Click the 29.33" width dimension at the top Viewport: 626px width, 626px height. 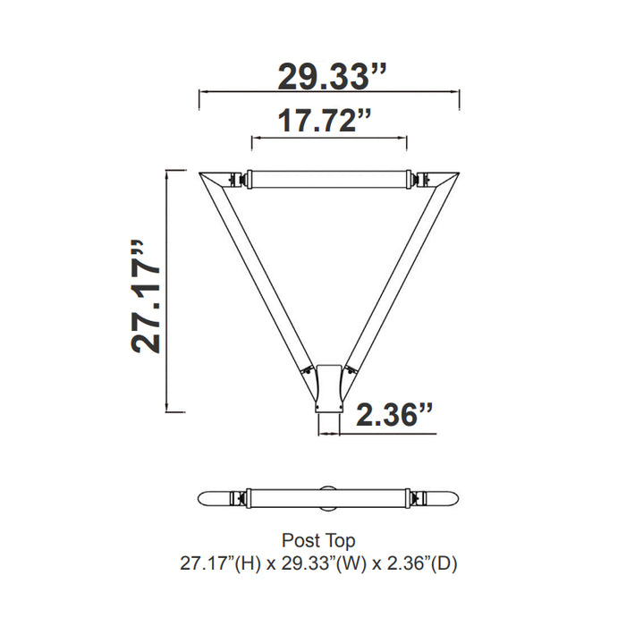point(332,76)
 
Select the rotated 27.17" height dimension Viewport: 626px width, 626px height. point(146,296)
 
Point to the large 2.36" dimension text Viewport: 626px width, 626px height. point(394,416)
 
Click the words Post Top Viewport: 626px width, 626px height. point(318,541)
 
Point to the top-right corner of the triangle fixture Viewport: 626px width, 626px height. point(449,178)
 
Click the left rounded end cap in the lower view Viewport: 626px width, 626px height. point(215,497)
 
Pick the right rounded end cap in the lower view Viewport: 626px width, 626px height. point(444,497)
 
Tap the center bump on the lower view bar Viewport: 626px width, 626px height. point(329,487)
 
